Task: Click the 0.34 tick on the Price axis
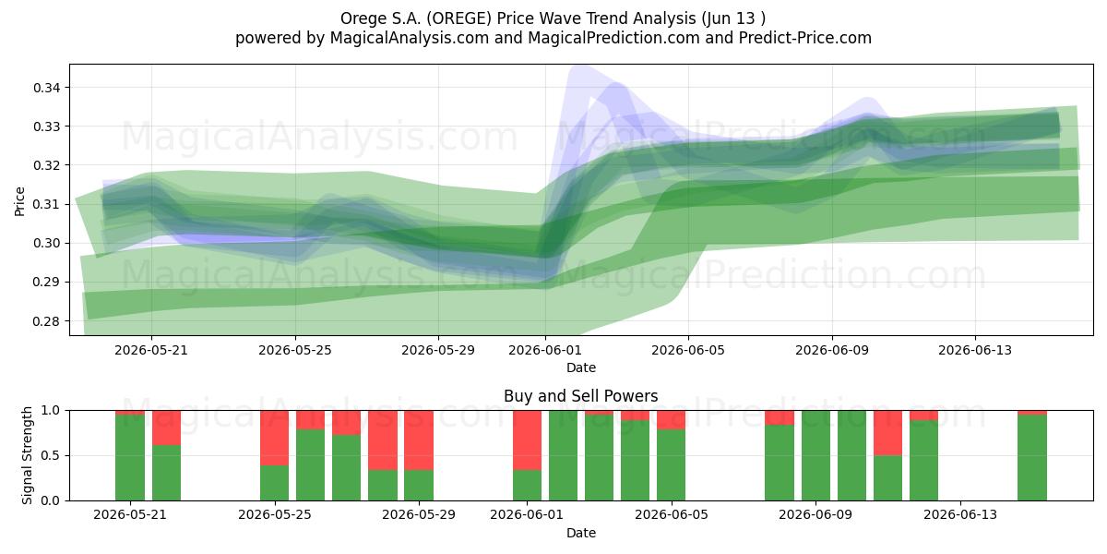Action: click(x=47, y=88)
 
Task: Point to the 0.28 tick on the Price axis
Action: click(x=47, y=321)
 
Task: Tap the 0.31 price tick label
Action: click(x=47, y=204)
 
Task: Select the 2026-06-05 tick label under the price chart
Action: click(x=688, y=350)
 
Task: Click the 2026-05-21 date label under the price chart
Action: click(x=151, y=350)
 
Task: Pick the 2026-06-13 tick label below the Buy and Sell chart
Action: click(x=960, y=514)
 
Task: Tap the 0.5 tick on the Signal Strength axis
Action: click(x=51, y=455)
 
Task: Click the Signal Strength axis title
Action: click(x=27, y=455)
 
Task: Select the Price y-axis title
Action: click(x=19, y=201)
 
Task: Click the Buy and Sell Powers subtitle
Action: click(x=580, y=396)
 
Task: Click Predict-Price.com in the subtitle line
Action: click(x=805, y=38)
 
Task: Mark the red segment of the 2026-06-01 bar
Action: click(x=527, y=440)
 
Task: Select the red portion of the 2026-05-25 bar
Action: click(x=274, y=438)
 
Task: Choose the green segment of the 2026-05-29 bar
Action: click(x=419, y=486)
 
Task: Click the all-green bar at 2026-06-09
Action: click(x=815, y=455)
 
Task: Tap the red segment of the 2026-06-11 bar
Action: click(x=887, y=433)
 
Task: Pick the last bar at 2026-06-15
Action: click(x=1032, y=455)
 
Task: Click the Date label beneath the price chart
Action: click(x=580, y=367)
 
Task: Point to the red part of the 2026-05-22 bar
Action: click(x=166, y=428)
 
